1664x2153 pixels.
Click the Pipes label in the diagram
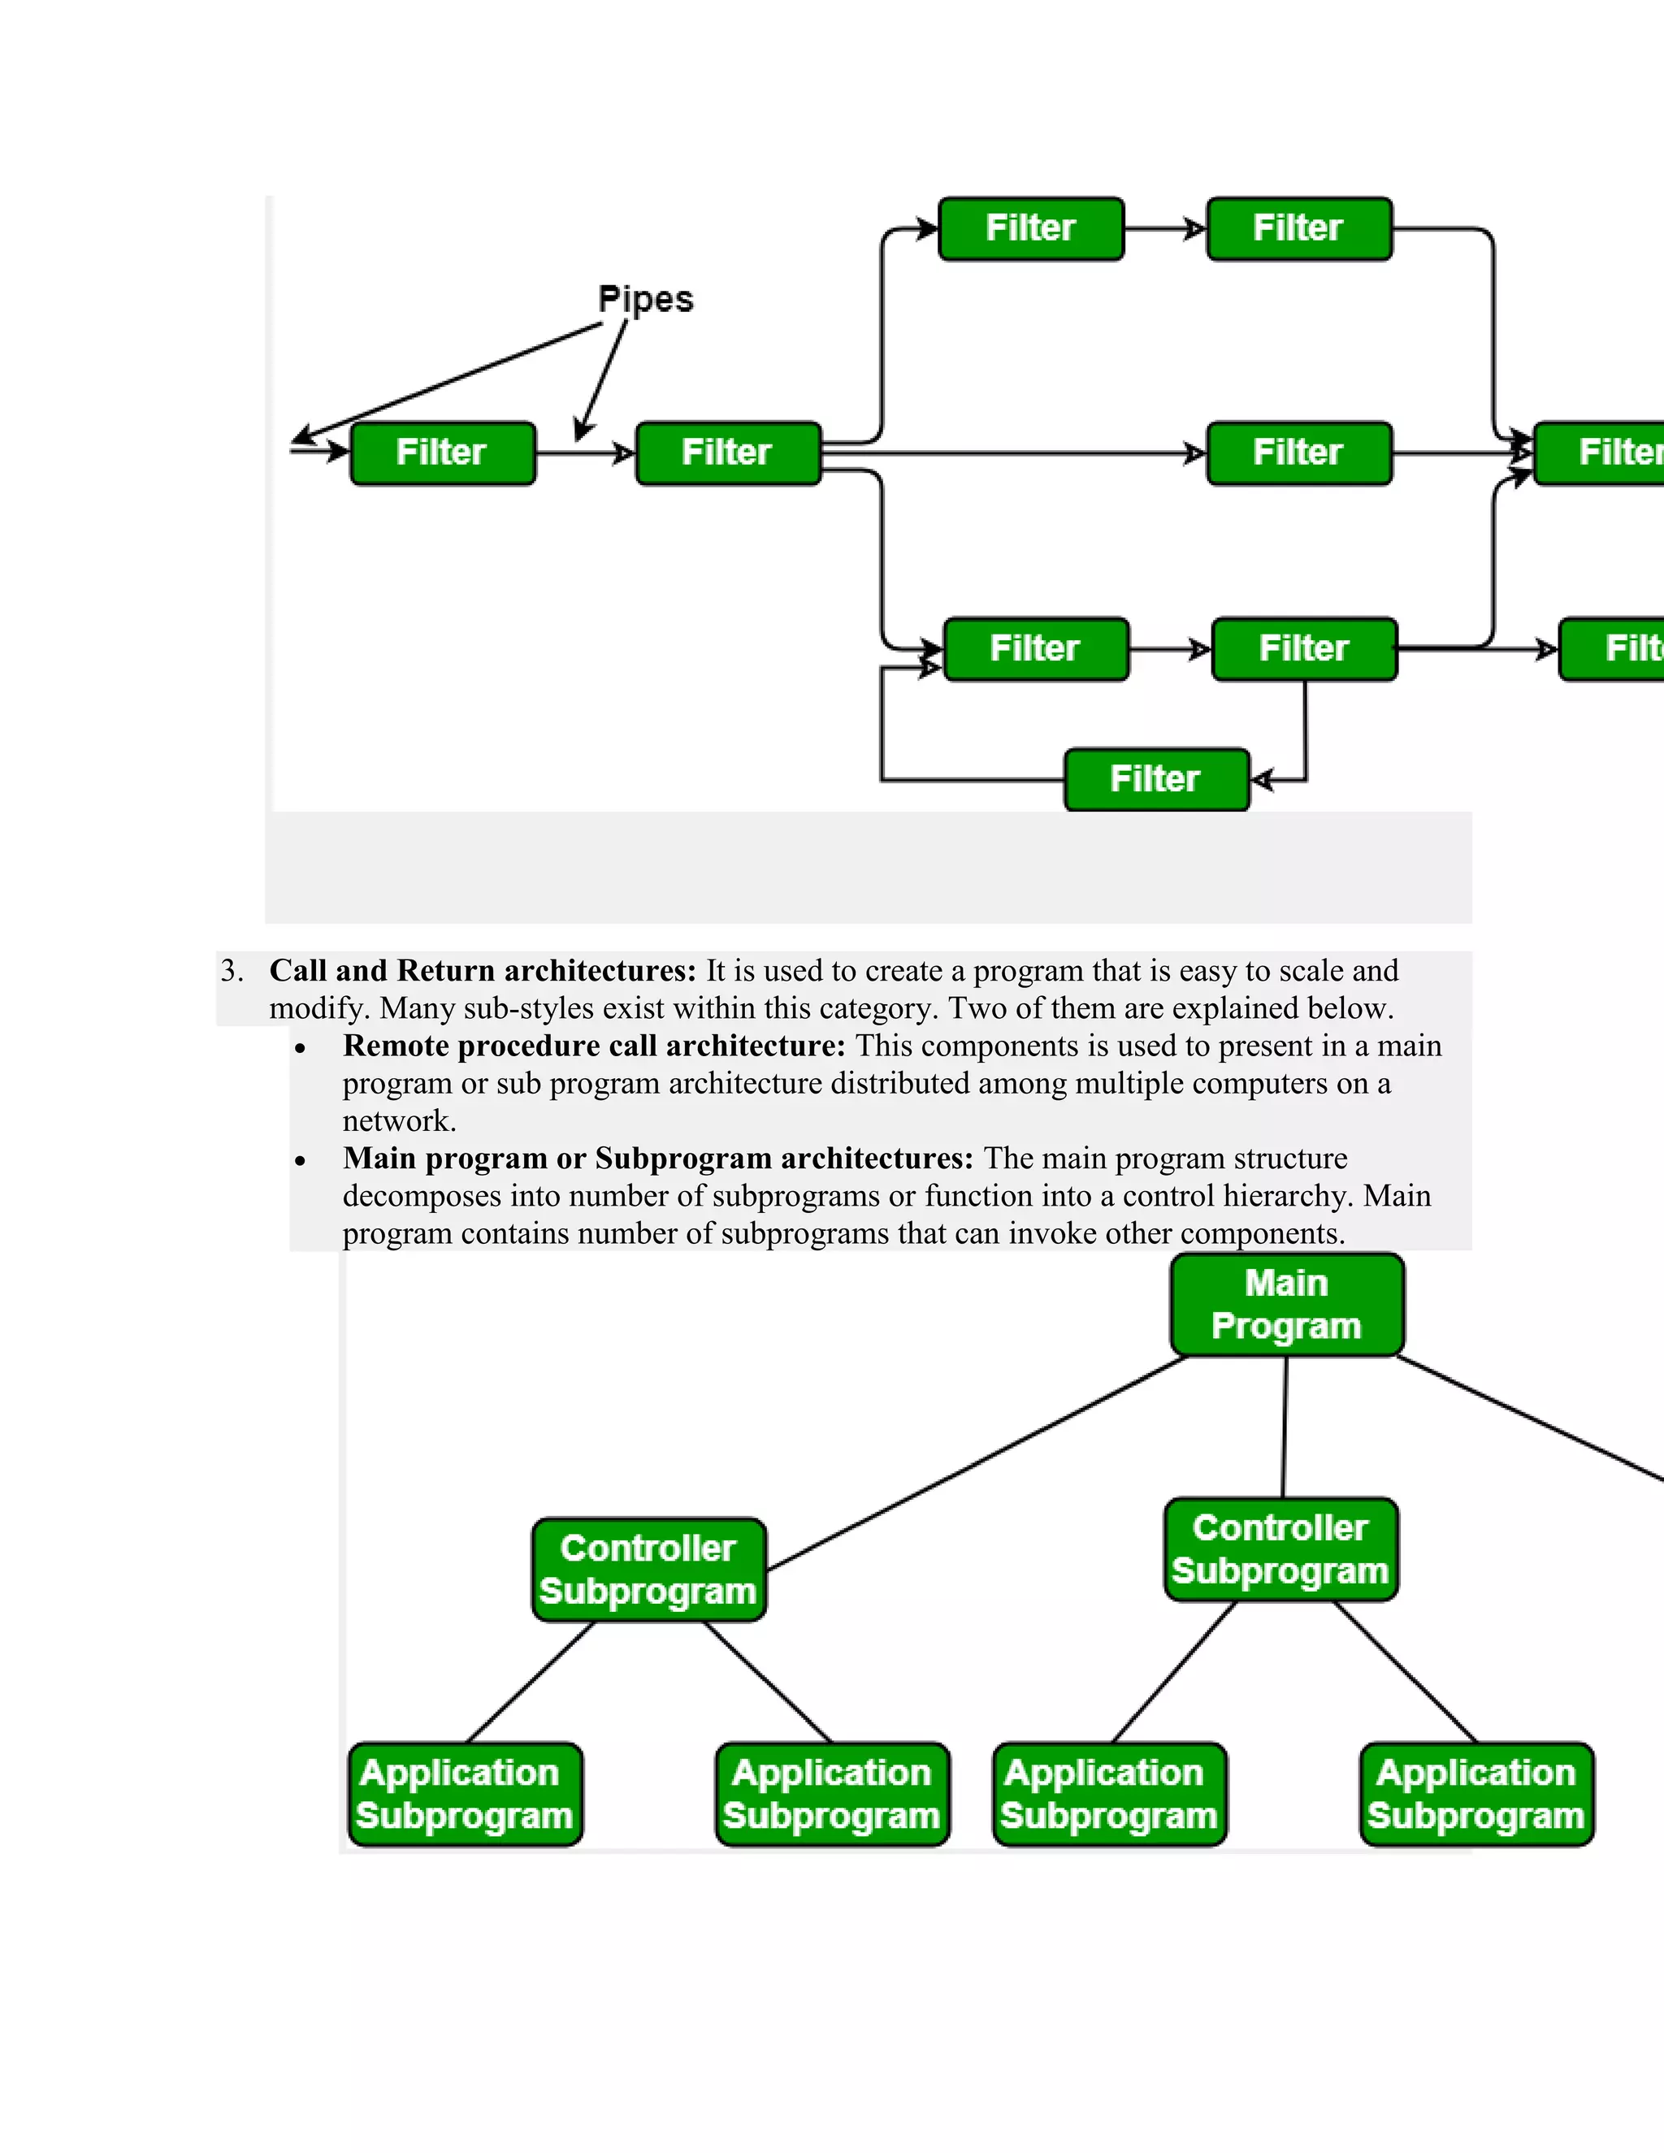click(646, 300)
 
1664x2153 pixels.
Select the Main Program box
click(1286, 1304)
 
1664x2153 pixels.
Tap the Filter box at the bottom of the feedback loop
click(1156, 779)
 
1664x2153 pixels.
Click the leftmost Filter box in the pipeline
click(443, 453)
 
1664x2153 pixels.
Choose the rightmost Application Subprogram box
click(1475, 1793)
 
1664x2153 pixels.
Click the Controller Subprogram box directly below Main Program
click(1280, 1549)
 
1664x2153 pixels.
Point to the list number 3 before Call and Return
click(231, 971)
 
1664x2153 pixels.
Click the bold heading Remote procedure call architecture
click(593, 1046)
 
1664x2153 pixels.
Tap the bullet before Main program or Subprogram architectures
click(301, 1161)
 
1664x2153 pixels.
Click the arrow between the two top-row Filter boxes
click(1165, 229)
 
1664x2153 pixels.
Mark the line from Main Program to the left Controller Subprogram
click(976, 1463)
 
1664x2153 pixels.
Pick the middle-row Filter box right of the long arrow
click(1298, 453)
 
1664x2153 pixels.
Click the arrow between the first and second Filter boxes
click(586, 453)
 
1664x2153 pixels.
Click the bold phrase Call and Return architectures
click(482, 971)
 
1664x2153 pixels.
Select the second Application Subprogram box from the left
click(832, 1793)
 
